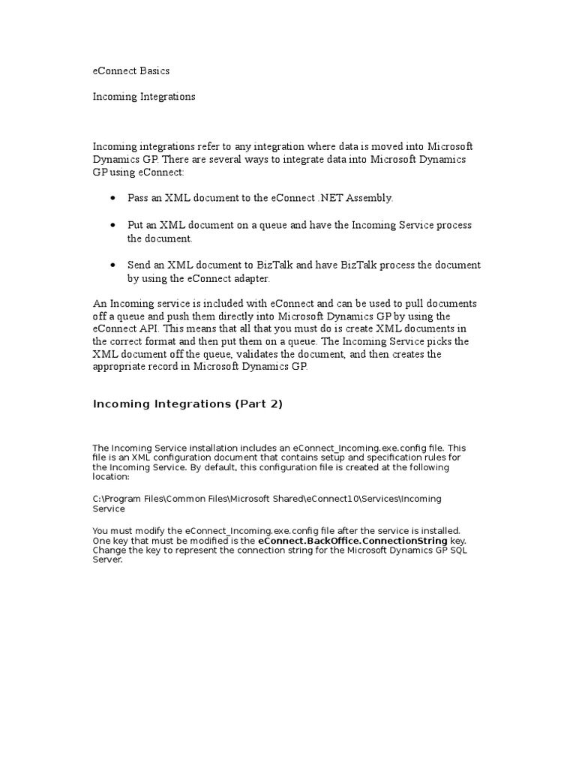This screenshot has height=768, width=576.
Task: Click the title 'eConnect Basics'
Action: tap(131, 71)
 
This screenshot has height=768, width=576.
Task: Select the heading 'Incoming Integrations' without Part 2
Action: tap(144, 97)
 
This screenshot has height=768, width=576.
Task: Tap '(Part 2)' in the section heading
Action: tap(259, 404)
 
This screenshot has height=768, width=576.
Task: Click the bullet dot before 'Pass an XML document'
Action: tap(112, 198)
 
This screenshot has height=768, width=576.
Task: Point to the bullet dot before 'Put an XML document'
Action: tap(112, 226)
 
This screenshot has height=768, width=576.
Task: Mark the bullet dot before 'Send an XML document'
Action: tap(112, 265)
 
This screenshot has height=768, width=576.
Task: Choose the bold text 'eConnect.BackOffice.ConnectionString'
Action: tap(352, 540)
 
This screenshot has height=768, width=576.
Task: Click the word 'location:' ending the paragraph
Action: tap(111, 477)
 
